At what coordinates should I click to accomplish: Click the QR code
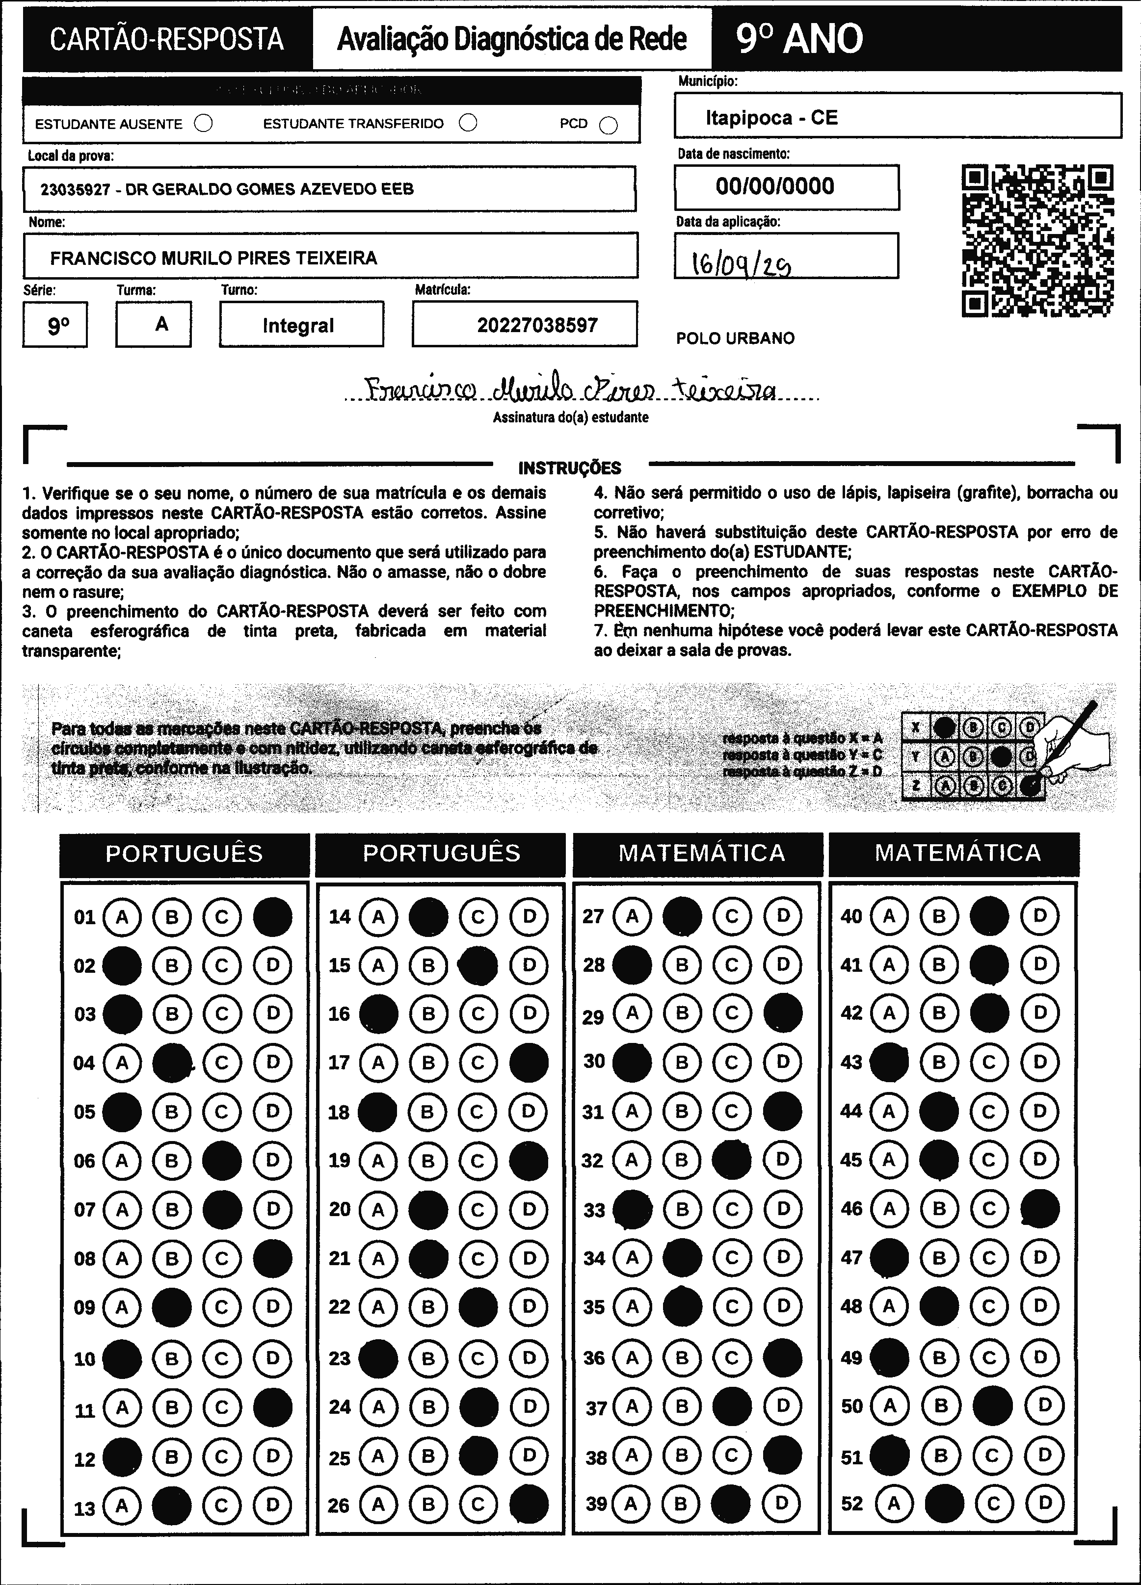(x=1037, y=240)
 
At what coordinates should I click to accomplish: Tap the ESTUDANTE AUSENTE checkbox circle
(x=204, y=124)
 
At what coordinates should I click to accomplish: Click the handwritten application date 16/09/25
(x=741, y=264)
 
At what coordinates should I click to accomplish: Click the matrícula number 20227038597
(x=537, y=325)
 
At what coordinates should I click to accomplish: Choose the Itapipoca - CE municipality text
(x=771, y=117)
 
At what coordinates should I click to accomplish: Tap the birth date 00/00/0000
(x=774, y=186)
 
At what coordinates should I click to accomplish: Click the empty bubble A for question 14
(x=378, y=917)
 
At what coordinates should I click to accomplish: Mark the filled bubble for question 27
(x=682, y=917)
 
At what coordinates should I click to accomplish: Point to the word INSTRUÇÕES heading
(x=569, y=468)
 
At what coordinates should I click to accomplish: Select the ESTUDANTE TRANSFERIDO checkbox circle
(x=468, y=123)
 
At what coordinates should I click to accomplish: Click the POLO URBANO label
(x=735, y=338)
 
